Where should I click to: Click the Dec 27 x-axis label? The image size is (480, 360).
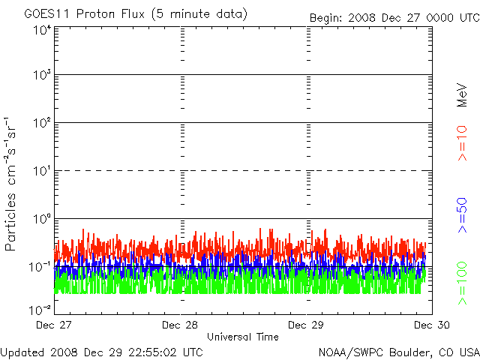(54, 325)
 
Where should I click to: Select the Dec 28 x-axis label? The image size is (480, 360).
(180, 325)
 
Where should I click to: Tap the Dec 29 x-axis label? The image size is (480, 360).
(306, 325)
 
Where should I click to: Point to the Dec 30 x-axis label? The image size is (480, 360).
(431, 325)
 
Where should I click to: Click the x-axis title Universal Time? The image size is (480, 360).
(242, 337)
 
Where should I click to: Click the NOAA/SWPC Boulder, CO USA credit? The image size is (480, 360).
(398, 351)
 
